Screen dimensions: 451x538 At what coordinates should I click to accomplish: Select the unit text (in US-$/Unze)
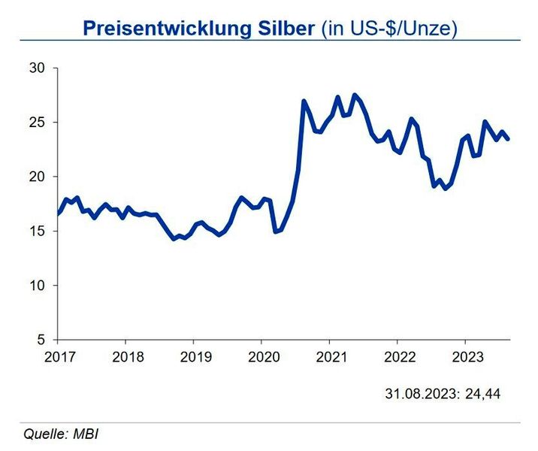[x=389, y=29]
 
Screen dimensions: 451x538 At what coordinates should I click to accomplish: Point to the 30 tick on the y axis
[x=38, y=68]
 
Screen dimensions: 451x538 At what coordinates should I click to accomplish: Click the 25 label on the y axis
[x=38, y=123]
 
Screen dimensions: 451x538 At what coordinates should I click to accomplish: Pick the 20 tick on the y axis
[x=38, y=177]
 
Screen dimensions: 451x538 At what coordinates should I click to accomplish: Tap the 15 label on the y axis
[x=38, y=232]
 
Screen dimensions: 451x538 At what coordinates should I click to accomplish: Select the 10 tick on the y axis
[x=38, y=286]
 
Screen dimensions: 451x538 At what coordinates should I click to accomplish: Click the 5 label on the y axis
[x=41, y=340]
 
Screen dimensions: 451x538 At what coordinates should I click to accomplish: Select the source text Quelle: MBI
[x=62, y=433]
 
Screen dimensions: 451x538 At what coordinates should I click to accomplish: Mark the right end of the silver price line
[x=509, y=139]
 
